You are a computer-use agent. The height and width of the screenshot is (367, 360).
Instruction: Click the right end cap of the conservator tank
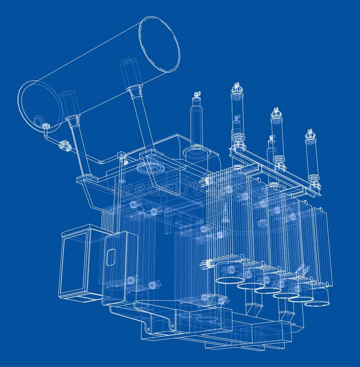click(x=159, y=44)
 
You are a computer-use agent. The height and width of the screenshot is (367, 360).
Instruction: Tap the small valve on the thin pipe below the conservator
click(x=65, y=145)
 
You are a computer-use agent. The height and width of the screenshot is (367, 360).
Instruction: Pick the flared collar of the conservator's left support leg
click(x=73, y=120)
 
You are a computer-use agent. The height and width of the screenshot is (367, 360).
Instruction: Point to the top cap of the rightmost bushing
click(x=310, y=134)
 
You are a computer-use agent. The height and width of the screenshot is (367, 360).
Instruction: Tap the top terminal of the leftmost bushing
click(x=197, y=95)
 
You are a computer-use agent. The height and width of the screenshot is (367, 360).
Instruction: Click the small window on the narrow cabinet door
click(x=111, y=257)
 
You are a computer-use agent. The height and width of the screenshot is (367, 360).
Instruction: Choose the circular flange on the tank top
click(x=150, y=168)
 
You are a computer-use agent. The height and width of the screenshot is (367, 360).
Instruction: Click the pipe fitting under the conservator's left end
click(x=45, y=126)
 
